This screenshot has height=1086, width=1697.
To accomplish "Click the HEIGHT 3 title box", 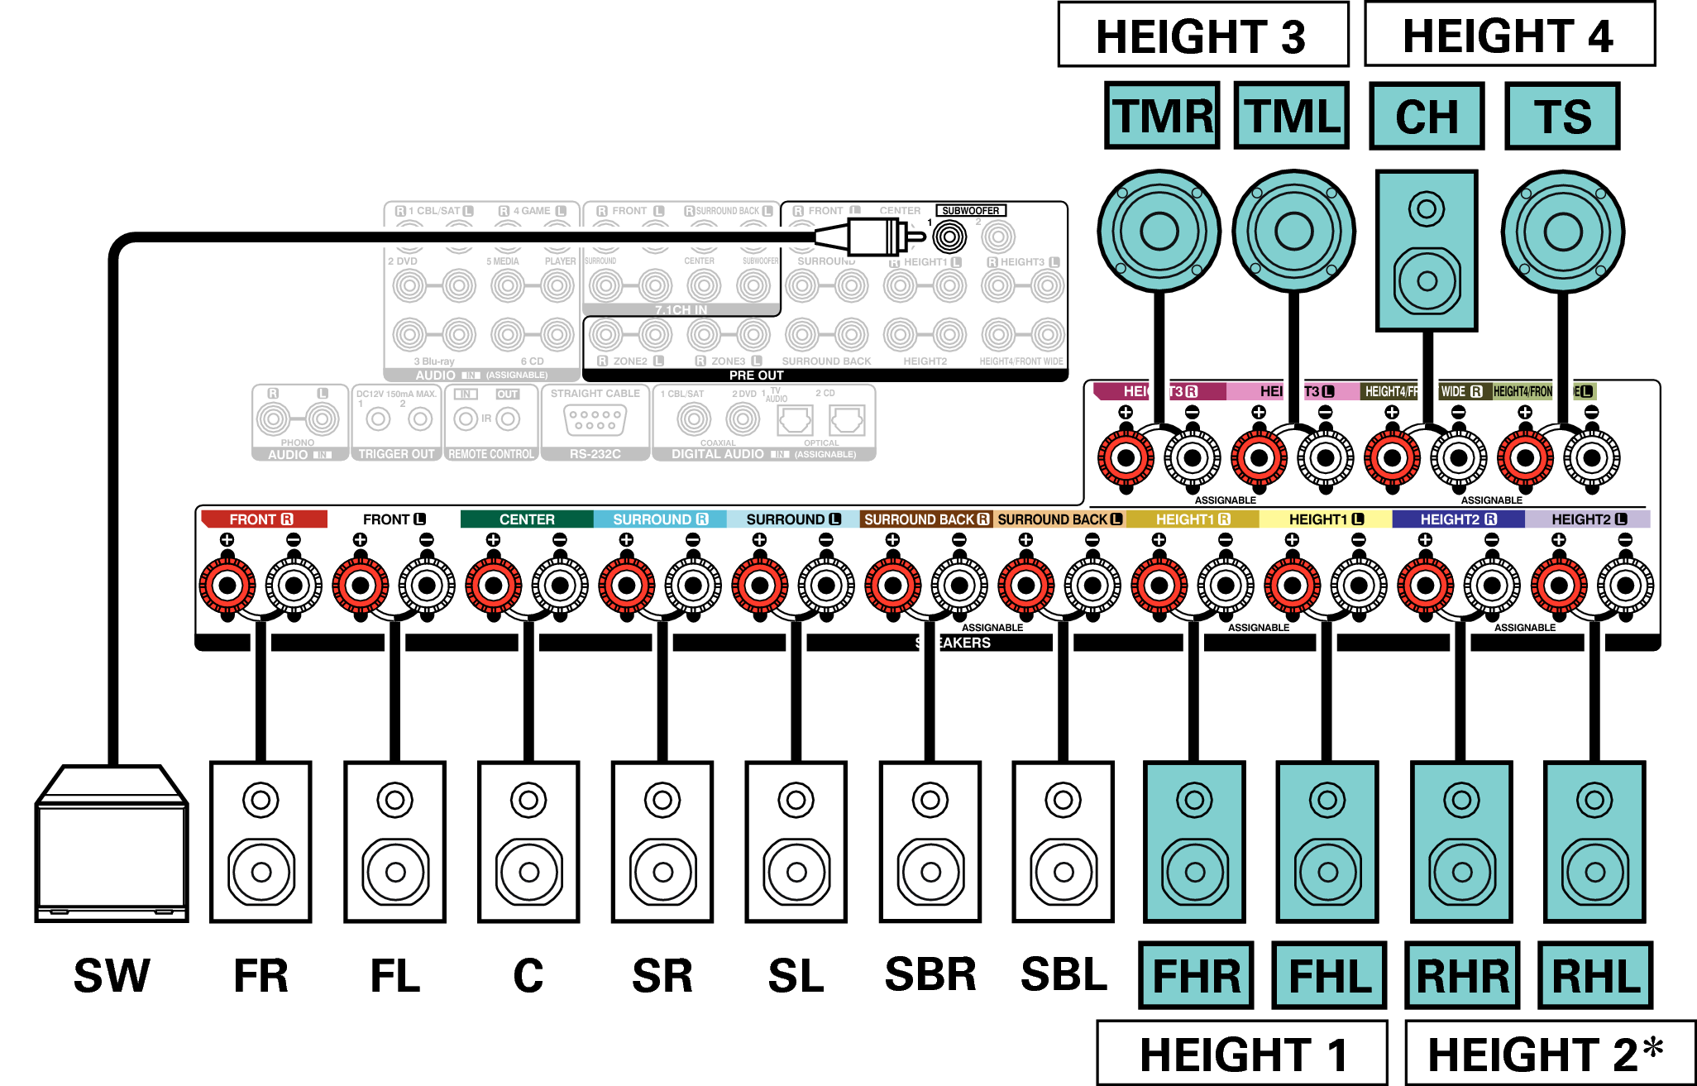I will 1202,35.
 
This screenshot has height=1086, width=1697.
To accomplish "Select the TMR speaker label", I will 1162,116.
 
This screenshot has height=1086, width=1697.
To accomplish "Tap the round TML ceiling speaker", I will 1293,232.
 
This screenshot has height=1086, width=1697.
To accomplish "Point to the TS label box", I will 1562,116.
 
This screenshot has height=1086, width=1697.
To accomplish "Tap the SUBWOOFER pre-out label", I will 970,211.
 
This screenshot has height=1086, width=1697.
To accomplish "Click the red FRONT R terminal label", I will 261,519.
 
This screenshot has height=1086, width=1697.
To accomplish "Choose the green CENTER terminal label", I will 527,519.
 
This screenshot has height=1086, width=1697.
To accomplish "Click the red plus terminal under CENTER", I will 494,586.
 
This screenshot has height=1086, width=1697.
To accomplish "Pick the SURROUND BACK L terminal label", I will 1059,519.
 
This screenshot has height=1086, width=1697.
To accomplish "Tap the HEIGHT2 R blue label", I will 1458,519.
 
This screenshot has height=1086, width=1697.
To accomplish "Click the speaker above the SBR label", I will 930,841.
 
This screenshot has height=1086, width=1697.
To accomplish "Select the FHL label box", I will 1329,975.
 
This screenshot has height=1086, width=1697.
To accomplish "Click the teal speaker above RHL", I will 1594,841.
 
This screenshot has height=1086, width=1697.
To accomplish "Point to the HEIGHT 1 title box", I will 1241,1053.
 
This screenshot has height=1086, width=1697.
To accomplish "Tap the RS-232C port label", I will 595,454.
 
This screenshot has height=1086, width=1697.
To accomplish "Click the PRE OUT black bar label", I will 756,376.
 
